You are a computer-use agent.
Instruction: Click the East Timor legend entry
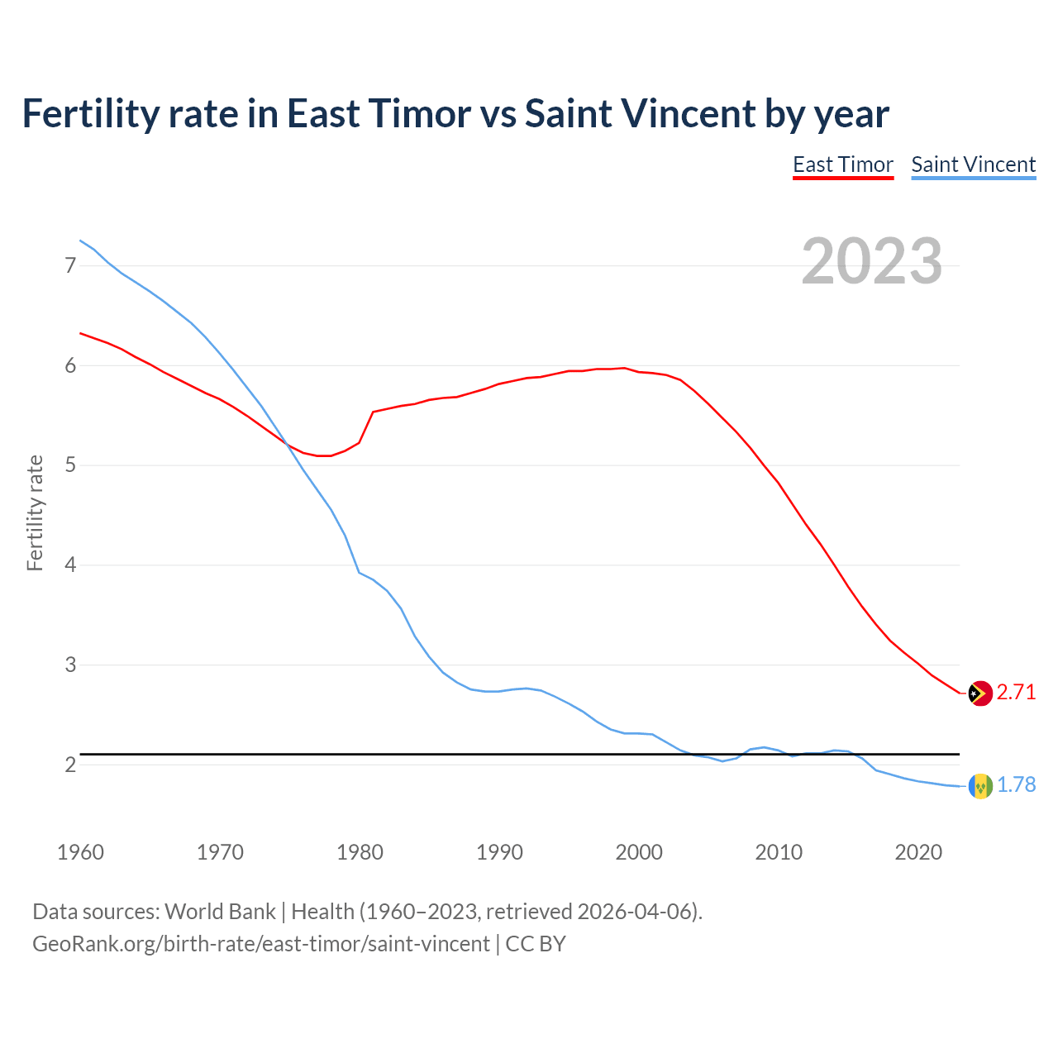coord(843,164)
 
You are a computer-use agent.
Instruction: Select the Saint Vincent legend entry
coord(973,164)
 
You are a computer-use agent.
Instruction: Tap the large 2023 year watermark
coord(872,261)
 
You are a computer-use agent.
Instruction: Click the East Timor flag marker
coord(979,693)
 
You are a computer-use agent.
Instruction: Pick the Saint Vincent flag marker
coord(979,785)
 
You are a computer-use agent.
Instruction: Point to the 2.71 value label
coord(1016,693)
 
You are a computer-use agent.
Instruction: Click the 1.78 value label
coord(1016,785)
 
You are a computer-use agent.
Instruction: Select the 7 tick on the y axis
coord(69,265)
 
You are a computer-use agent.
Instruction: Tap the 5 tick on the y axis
coord(69,465)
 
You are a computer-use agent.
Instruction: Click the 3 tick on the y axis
coord(69,665)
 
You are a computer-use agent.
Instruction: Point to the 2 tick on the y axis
coord(69,765)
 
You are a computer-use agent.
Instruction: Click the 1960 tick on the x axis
coord(80,852)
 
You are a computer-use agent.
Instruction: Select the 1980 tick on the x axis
coord(360,852)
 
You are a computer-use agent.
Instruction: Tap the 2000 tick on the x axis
coord(639,852)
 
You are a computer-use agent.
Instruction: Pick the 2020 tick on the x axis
coord(918,852)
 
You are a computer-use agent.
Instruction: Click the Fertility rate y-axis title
coord(35,513)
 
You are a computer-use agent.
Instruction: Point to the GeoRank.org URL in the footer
coord(260,944)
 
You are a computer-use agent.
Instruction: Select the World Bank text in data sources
coord(220,912)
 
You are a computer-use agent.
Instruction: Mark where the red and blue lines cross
coord(288,444)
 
